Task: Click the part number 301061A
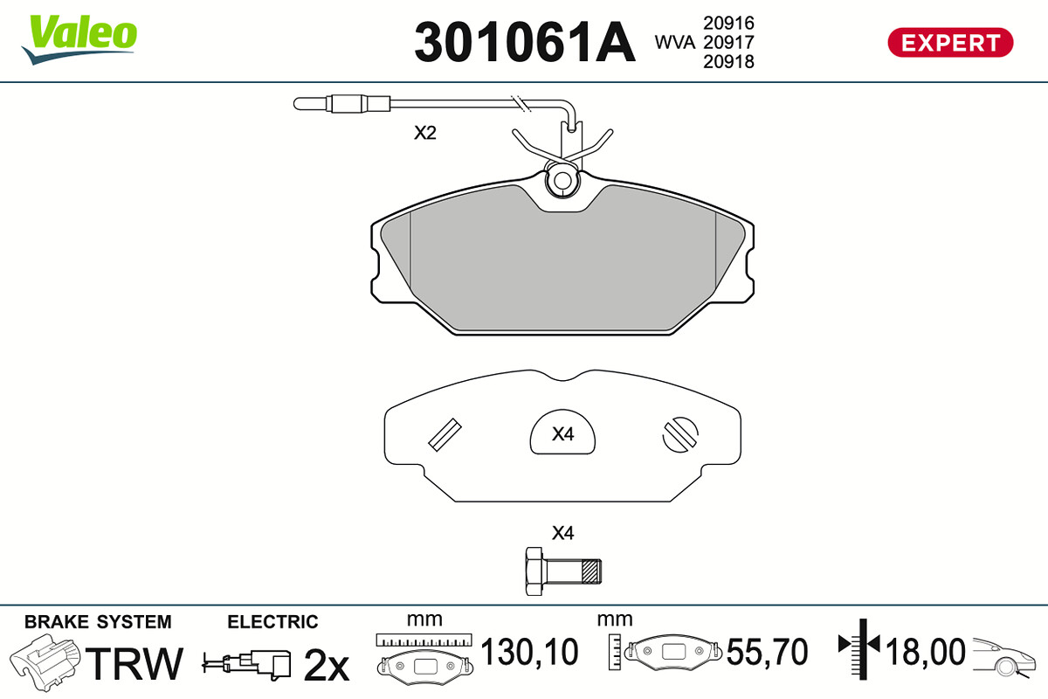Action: [x=525, y=42]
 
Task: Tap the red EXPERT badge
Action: [x=950, y=43]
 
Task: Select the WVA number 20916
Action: [x=728, y=23]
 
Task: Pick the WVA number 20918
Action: [x=728, y=61]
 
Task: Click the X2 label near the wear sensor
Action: [x=424, y=133]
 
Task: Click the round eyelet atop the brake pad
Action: [x=562, y=179]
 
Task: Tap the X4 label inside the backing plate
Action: [x=562, y=434]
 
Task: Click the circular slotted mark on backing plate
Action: [x=680, y=434]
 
